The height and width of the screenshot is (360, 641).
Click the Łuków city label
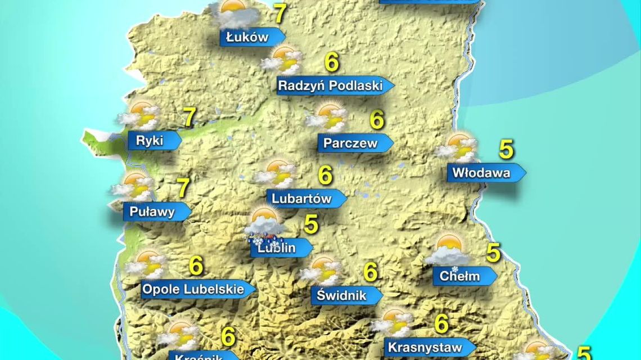247,38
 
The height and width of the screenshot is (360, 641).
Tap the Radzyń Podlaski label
331,85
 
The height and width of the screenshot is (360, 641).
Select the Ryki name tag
150,141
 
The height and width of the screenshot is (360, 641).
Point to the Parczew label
350,143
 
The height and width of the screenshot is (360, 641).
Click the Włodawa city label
482,173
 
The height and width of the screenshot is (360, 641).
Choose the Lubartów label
301,199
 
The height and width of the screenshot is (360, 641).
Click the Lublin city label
277,247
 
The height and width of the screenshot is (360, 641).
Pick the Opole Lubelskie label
193,290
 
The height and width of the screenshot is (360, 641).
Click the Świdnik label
341,295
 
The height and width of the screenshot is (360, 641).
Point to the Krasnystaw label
425,347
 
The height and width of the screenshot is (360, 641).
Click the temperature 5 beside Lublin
311,224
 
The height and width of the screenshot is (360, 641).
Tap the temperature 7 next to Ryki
189,118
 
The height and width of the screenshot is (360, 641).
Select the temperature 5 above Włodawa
506,150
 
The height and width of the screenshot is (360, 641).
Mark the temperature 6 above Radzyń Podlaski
332,62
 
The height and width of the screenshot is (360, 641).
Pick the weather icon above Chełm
448,250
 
